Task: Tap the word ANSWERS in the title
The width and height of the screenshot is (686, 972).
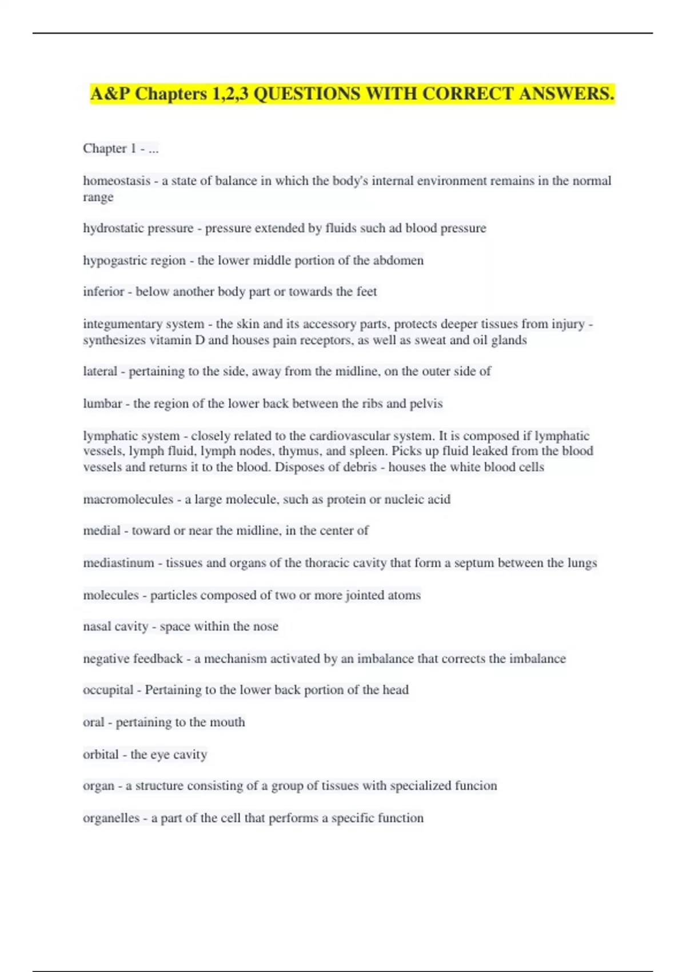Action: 566,94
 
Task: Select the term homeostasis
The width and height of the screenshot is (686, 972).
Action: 117,181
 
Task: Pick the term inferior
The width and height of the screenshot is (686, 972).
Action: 103,292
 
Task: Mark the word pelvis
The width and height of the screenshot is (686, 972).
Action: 426,404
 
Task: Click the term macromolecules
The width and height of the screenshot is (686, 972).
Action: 128,500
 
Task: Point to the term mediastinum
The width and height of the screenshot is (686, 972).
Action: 118,563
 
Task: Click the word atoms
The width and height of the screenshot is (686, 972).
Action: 403,595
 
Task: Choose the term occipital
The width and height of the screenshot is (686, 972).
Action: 108,690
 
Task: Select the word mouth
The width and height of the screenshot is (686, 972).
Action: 227,722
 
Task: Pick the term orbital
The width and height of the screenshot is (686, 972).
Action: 101,755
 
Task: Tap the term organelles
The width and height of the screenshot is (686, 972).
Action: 111,818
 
